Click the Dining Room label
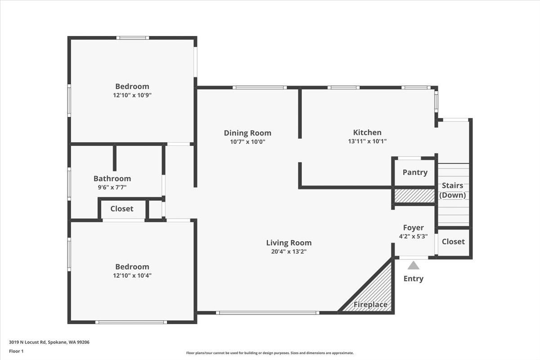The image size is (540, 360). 247,133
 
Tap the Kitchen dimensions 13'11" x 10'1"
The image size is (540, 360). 367,141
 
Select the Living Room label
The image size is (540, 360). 288,243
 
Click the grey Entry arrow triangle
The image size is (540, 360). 413,265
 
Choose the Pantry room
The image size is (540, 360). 415,172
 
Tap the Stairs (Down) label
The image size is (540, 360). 452,190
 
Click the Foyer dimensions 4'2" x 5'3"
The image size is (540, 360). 413,236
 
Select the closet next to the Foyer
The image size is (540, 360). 453,242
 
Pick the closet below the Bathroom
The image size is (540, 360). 122,209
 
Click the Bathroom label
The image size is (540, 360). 112,179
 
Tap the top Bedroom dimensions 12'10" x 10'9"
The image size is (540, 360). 132,95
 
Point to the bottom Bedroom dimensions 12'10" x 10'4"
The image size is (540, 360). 132,275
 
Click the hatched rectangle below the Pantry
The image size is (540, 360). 414,196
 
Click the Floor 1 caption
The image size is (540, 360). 16,351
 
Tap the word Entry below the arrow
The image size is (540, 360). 413,279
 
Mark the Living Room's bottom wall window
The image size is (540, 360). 267,312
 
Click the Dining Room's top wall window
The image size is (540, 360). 260,87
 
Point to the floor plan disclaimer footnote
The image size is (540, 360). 270,353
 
